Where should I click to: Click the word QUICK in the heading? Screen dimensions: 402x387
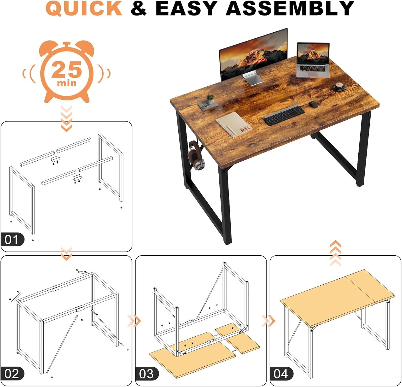pyautogui.click(x=84, y=8)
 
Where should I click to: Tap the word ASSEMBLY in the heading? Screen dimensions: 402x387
pyautogui.click(x=290, y=8)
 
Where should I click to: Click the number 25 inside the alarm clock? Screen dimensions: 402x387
pyautogui.click(x=66, y=70)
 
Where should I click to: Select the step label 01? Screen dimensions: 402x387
pyautogui.click(x=12, y=240)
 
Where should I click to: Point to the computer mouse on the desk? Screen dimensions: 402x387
pyautogui.click(x=313, y=104)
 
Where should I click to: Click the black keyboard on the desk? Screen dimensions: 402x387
pyautogui.click(x=284, y=115)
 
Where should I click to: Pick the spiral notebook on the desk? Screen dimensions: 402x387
pyautogui.click(x=234, y=125)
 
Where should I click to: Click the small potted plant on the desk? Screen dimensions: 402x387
pyautogui.click(x=210, y=99)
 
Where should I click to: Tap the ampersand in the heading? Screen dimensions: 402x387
pyautogui.click(x=139, y=8)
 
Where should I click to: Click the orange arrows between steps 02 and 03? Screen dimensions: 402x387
pyautogui.click(x=134, y=321)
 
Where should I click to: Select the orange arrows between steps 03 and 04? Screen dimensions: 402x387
pyautogui.click(x=268, y=321)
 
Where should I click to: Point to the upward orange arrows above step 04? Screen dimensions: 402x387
pyautogui.click(x=335, y=254)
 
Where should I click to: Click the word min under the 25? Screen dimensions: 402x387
pyautogui.click(x=66, y=83)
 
